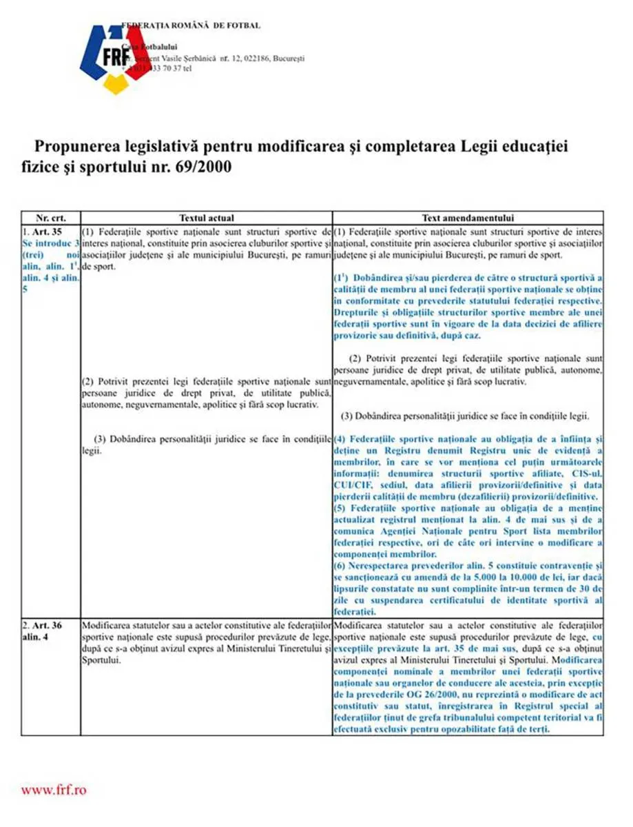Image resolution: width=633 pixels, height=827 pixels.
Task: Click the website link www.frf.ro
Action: coord(54,790)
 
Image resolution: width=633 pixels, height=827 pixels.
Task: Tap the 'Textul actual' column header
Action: coord(206,216)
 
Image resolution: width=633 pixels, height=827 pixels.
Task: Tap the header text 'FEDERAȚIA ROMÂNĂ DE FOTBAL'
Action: coord(191,25)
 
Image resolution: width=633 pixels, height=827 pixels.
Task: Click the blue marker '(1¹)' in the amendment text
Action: coord(342,277)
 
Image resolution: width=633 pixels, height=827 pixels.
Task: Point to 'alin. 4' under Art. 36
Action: coord(35,636)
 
